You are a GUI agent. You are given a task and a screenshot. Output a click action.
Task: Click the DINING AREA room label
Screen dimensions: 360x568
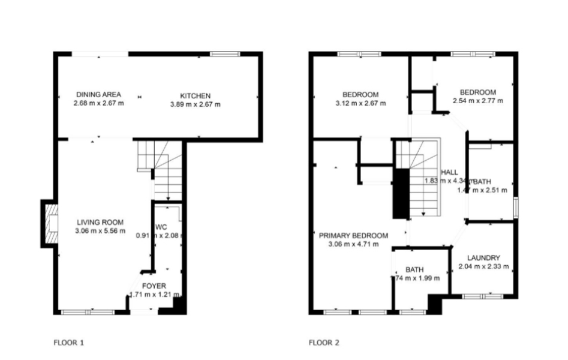98,94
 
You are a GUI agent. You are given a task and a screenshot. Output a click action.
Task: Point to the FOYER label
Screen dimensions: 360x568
154,286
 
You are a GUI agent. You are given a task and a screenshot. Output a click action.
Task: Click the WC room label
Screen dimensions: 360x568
161,227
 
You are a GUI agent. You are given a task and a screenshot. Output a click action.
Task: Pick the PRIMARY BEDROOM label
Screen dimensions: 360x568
353,235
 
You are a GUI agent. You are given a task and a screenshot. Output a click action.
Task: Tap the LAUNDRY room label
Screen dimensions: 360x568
483,257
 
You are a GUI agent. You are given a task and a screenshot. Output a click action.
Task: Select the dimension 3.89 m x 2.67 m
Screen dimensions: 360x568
196,104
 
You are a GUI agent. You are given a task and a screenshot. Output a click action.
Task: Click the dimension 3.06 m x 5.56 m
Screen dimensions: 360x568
101,230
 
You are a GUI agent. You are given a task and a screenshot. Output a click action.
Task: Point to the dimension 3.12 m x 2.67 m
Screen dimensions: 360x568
360,103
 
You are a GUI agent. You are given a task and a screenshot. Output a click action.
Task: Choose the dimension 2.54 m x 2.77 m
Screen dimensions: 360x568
477,101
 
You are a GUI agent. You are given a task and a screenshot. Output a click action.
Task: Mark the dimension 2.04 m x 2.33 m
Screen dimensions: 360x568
483,266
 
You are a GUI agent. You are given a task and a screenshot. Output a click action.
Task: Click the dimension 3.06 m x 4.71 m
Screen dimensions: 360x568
353,244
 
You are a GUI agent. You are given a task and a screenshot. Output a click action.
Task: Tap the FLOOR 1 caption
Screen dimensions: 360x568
68,343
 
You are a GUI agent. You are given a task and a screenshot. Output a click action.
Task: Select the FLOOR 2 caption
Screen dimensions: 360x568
324,343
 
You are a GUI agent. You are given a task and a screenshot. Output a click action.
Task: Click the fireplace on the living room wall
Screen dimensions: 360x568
47,223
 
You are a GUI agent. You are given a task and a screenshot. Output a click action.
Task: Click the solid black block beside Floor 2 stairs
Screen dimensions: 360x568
400,193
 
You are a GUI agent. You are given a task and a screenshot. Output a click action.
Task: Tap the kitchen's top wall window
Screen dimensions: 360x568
225,55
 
